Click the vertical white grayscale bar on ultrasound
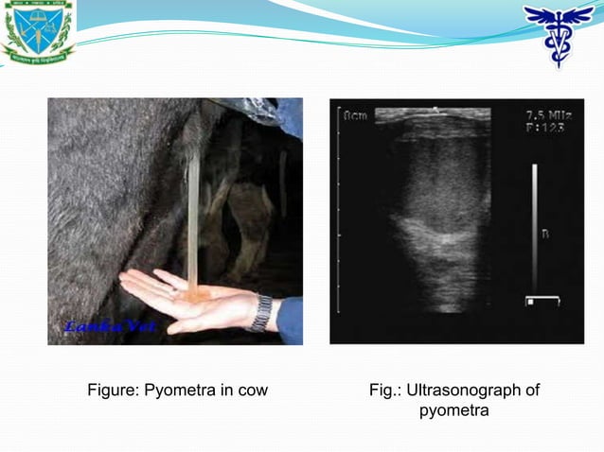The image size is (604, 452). pyautogui.click(x=534, y=227)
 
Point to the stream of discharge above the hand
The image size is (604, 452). pyautogui.click(x=193, y=217)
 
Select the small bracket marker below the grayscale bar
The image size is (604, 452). pyautogui.click(x=543, y=301)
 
